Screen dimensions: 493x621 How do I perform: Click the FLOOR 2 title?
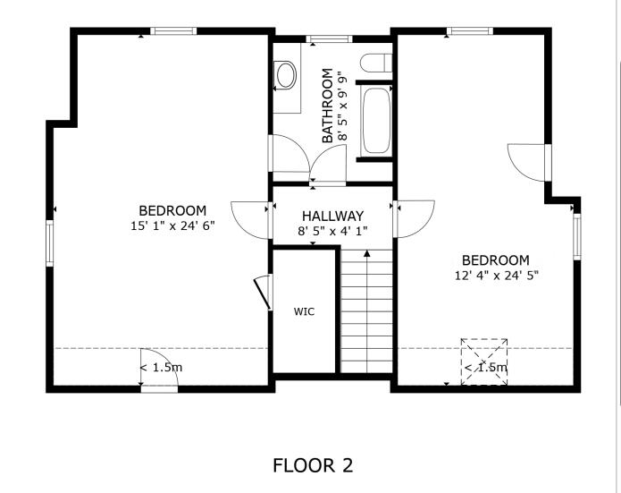(x=313, y=465)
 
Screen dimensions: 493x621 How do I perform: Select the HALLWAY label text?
(x=332, y=216)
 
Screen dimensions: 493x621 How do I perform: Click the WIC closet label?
(x=304, y=312)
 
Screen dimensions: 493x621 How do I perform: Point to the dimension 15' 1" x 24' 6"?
(x=172, y=226)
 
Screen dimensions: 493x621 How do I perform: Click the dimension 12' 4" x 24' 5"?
(x=496, y=276)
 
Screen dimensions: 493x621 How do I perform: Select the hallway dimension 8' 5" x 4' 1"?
(x=332, y=231)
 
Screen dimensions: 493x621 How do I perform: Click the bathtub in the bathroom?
(x=374, y=120)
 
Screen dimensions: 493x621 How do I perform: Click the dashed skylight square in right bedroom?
(x=484, y=361)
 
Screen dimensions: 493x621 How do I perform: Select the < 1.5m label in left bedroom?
(x=161, y=368)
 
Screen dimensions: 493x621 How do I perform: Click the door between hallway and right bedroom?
(x=413, y=218)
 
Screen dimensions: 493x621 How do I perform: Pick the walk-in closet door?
(x=263, y=293)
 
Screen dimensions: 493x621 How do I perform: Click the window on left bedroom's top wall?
(x=173, y=31)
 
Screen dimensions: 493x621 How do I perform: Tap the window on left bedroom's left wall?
(x=51, y=244)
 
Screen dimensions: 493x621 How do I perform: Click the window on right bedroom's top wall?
(x=470, y=31)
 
